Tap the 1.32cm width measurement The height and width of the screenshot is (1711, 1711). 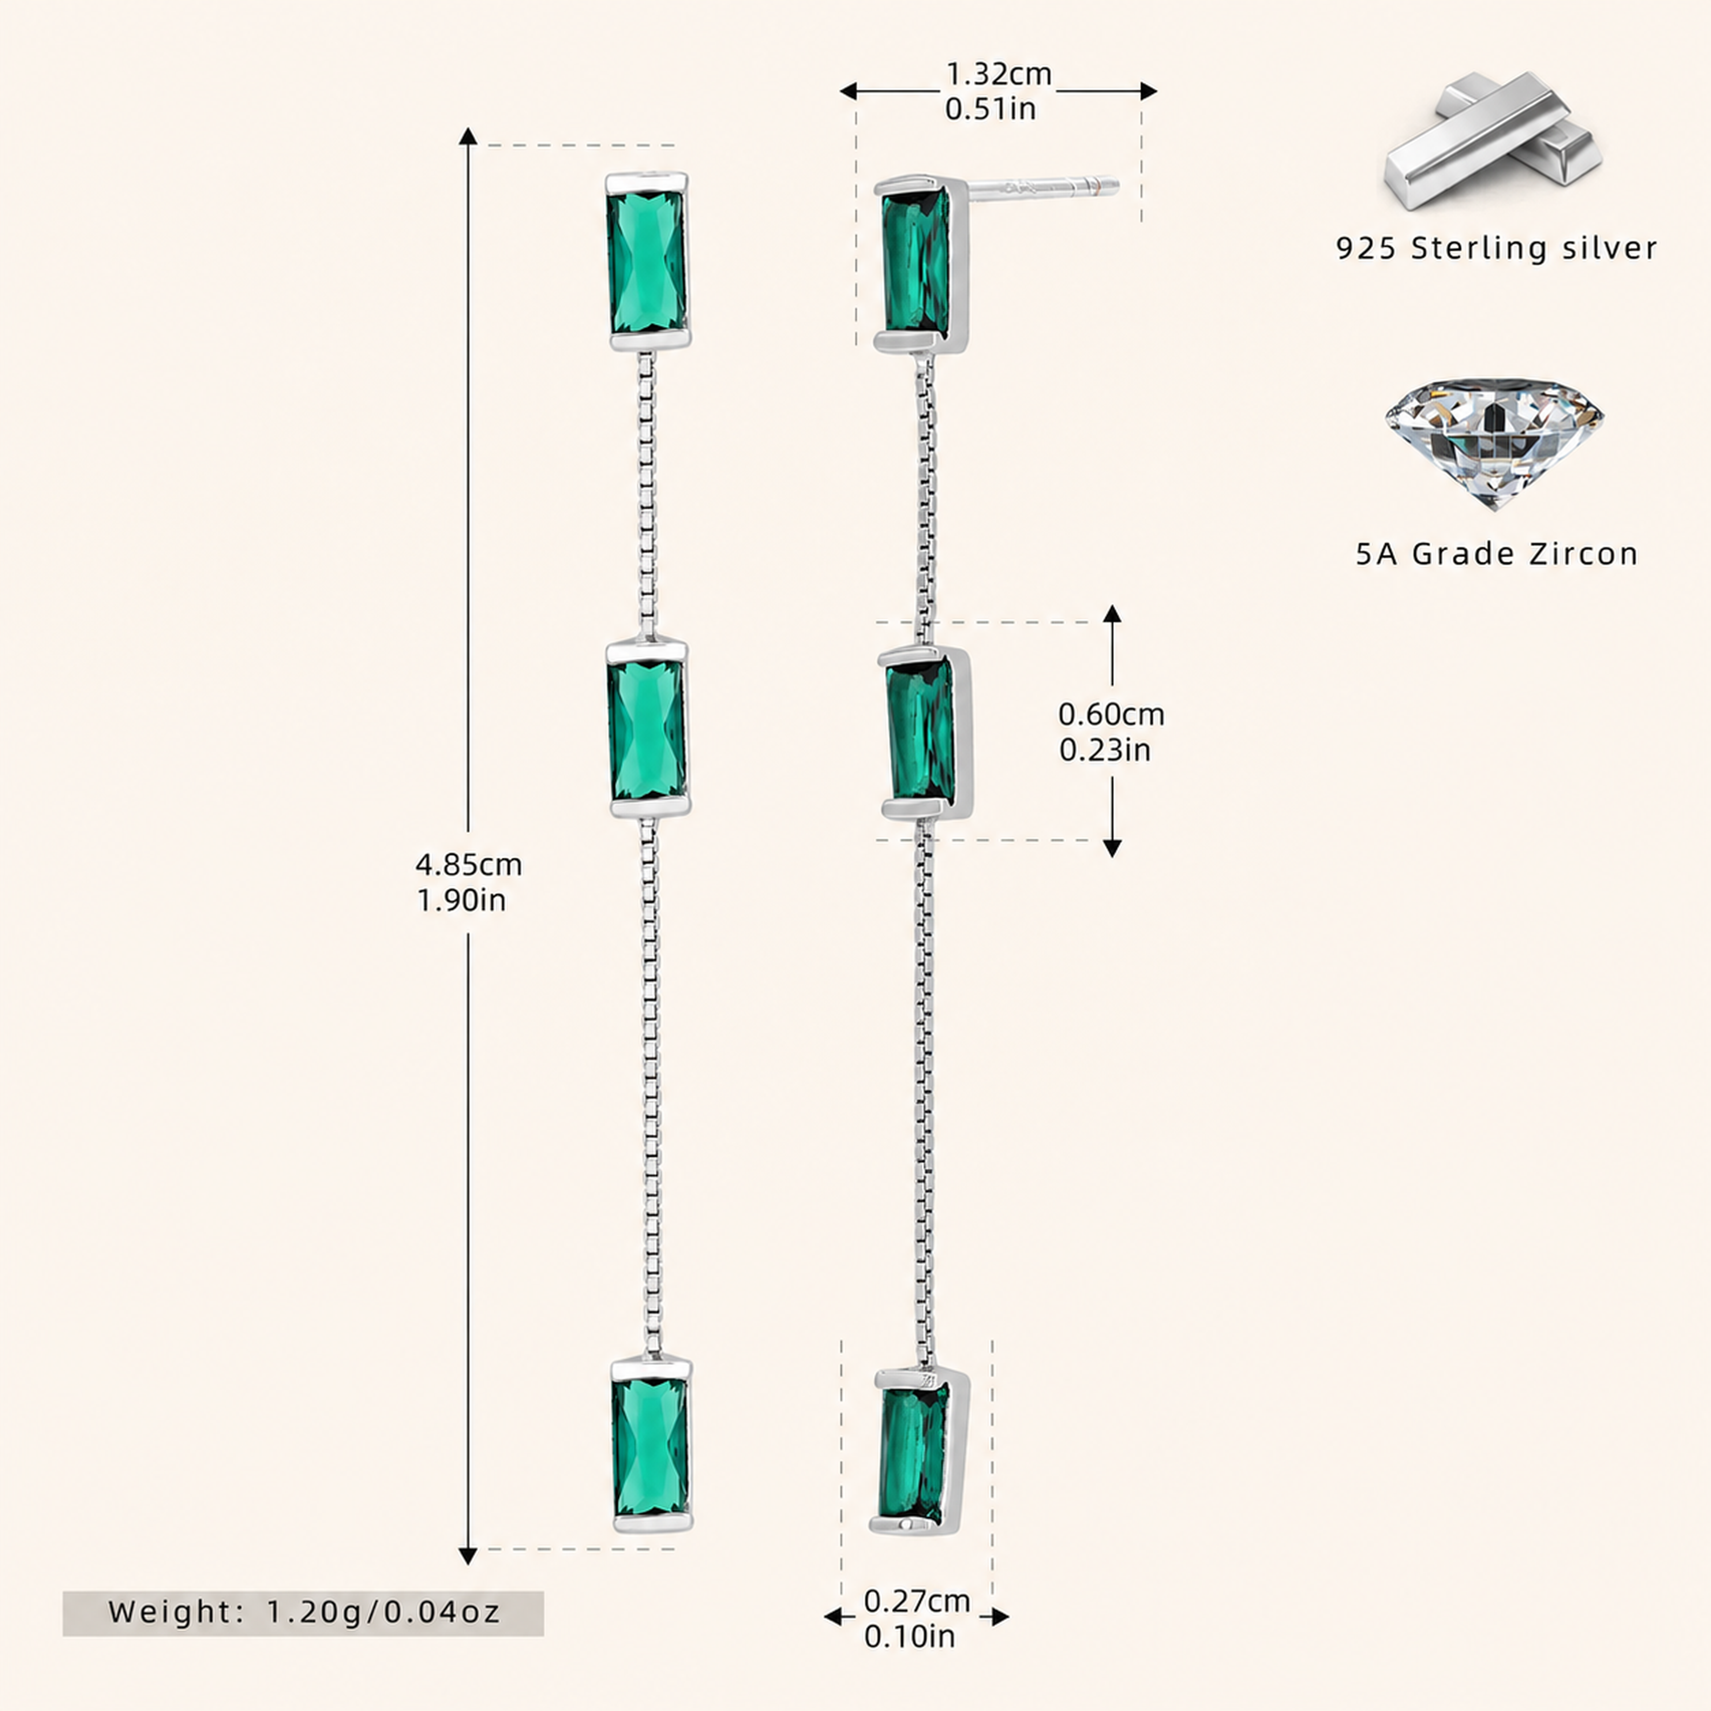tap(999, 74)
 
